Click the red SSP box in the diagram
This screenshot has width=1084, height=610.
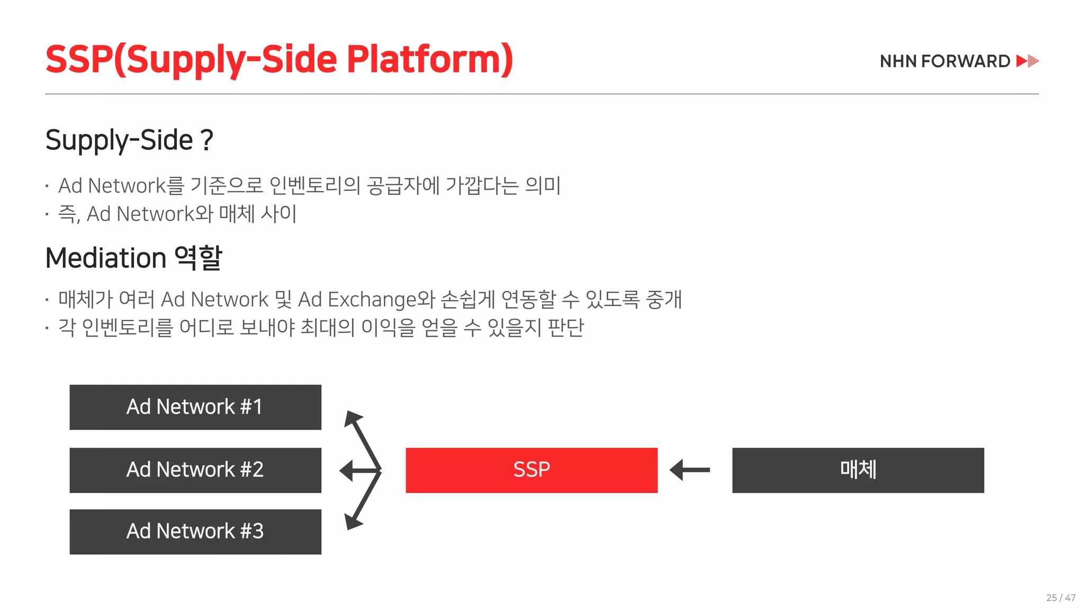coord(531,470)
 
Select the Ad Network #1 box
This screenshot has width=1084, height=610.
coord(195,407)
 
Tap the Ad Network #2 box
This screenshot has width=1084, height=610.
coord(195,470)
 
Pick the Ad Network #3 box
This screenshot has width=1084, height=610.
coord(195,532)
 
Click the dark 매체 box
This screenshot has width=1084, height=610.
coord(858,470)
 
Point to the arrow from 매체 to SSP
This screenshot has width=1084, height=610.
coord(690,470)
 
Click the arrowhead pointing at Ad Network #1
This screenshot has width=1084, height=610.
coord(352,418)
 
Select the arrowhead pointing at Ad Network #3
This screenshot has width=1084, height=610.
coord(352,522)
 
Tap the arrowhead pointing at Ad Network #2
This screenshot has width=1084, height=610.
coord(347,470)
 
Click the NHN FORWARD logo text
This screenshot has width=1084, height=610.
coord(945,61)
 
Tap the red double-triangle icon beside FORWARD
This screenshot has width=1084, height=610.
coord(1027,61)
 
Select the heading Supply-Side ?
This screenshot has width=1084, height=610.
coord(129,140)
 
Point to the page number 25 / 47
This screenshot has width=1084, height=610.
coord(1061,598)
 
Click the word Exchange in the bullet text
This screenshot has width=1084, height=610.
coord(373,300)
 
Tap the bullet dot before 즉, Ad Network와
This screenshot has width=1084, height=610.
coord(47,214)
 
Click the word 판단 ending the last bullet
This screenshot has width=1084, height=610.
coord(565,328)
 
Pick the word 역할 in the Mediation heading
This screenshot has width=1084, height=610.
coord(198,258)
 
